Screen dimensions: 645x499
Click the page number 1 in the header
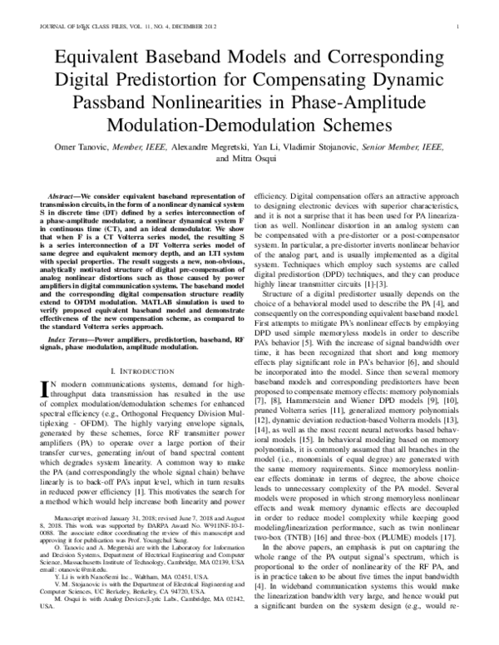pos(458,27)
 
